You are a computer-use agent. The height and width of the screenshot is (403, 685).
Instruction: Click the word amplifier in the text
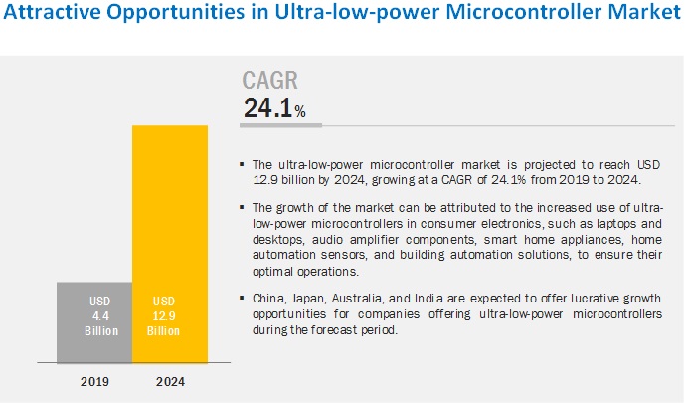(x=369, y=240)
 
